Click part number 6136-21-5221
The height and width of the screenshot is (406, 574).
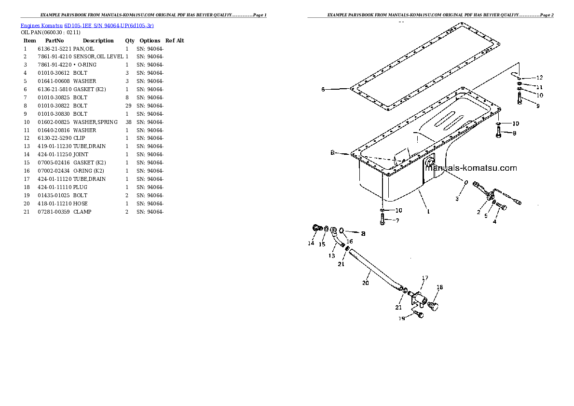pyautogui.click(x=54, y=49)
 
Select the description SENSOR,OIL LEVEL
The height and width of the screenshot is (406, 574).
pyautogui.click(x=98, y=57)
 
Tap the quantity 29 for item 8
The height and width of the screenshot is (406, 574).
pyautogui.click(x=127, y=106)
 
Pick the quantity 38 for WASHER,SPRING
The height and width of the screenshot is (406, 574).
pyautogui.click(x=128, y=122)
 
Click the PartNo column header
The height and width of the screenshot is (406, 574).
pyautogui.click(x=54, y=41)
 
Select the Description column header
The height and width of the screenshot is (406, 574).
pyautogui.click(x=98, y=41)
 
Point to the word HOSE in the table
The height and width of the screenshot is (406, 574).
pyautogui.click(x=80, y=203)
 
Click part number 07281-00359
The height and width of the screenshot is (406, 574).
pyautogui.click(x=54, y=212)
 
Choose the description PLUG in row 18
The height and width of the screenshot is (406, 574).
pyautogui.click(x=80, y=187)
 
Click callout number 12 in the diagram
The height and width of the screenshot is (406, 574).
pyautogui.click(x=539, y=78)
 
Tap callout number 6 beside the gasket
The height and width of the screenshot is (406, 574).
pyautogui.click(x=323, y=89)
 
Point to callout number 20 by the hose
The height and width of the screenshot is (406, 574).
pyautogui.click(x=365, y=283)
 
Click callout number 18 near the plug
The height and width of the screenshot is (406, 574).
pyautogui.click(x=439, y=288)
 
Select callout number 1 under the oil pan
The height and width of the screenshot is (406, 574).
pyautogui.click(x=428, y=210)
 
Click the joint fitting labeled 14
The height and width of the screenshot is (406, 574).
pyautogui.click(x=316, y=229)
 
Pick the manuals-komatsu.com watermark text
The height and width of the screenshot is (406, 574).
pyautogui.click(x=470, y=168)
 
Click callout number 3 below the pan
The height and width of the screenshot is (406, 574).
pyautogui.click(x=458, y=198)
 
